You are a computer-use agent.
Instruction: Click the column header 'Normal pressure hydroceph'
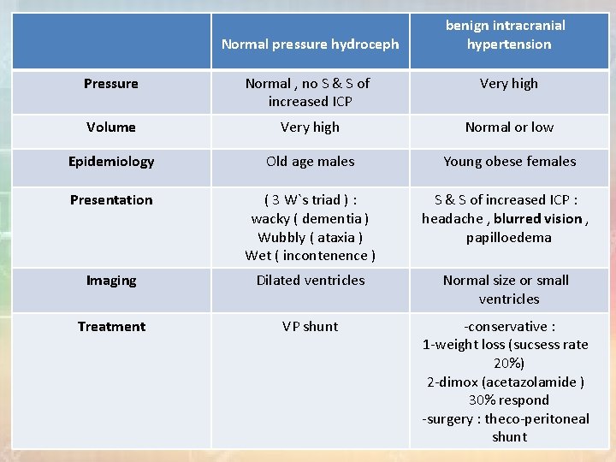tap(310, 44)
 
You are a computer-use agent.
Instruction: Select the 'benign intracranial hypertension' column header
tap(509, 34)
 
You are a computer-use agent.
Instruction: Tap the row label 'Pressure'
tap(111, 84)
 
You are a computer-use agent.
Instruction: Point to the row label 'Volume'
tap(111, 127)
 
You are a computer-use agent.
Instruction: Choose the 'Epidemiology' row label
tap(111, 162)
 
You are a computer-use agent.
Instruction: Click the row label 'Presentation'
tap(111, 200)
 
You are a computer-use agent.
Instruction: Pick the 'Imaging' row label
tap(111, 281)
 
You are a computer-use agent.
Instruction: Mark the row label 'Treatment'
tap(111, 327)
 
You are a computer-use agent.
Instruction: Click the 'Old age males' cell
tap(310, 162)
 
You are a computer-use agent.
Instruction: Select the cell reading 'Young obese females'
tap(509, 162)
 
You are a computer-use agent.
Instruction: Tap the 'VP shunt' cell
tap(310, 327)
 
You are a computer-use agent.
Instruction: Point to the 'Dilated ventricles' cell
tap(310, 281)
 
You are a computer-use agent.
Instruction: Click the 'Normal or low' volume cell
tap(509, 127)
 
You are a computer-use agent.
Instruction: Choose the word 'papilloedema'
tap(509, 238)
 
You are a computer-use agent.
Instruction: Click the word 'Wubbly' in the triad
tap(281, 238)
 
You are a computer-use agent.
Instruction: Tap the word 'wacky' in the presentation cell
tap(270, 219)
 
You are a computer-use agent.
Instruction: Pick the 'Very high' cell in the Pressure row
tap(509, 84)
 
